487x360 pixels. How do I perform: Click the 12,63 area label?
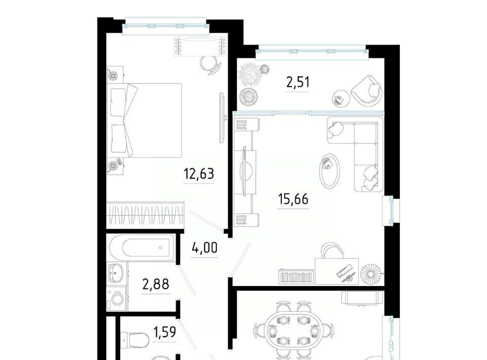click(x=199, y=174)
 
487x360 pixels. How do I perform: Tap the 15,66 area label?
click(x=293, y=199)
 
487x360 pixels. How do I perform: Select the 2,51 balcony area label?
click(x=298, y=83)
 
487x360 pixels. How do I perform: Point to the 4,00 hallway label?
click(x=204, y=248)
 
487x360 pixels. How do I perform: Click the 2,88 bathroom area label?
click(x=156, y=283)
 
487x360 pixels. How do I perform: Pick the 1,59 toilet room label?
click(x=164, y=332)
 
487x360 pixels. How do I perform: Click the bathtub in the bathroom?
click(x=141, y=247)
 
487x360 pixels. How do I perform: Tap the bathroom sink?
click(x=115, y=273)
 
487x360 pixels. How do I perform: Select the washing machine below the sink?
click(x=117, y=299)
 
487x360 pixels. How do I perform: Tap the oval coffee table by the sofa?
click(x=330, y=171)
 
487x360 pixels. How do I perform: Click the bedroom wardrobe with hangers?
click(x=146, y=215)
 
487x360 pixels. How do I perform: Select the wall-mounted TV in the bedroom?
click(x=222, y=118)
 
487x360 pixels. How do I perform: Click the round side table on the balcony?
click(x=341, y=99)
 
